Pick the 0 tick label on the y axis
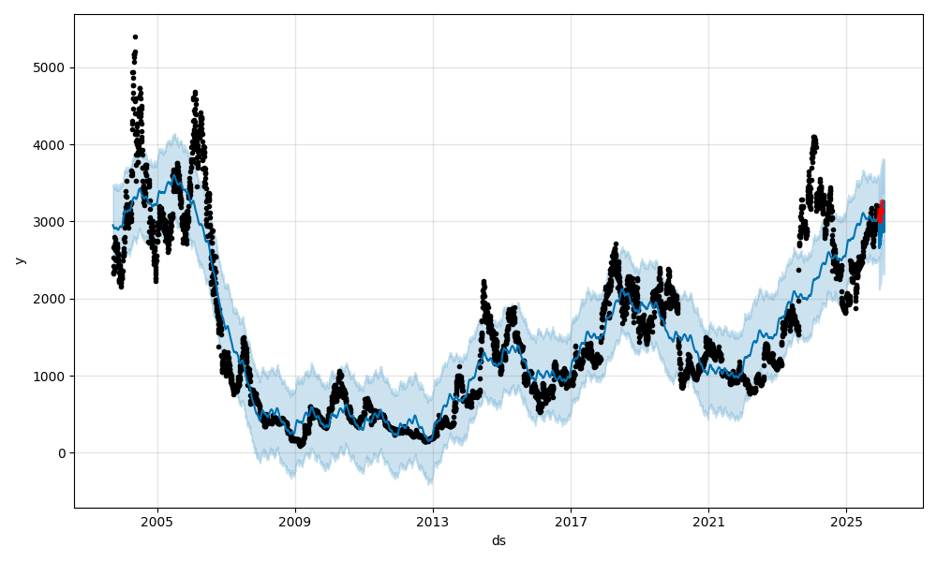tap(63, 453)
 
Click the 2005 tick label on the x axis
tap(157, 520)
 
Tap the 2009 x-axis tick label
tap(295, 520)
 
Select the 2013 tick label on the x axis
tap(433, 520)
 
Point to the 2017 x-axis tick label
tap(571, 520)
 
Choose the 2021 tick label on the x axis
tap(708, 520)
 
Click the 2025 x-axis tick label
tap(846, 520)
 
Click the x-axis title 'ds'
tap(498, 540)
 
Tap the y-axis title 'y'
tap(18, 260)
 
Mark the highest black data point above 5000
tap(135, 37)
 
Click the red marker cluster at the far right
tap(880, 213)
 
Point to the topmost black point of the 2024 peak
tap(814, 137)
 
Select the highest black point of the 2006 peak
tap(195, 92)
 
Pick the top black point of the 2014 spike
tap(483, 281)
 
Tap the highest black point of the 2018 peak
tap(616, 244)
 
